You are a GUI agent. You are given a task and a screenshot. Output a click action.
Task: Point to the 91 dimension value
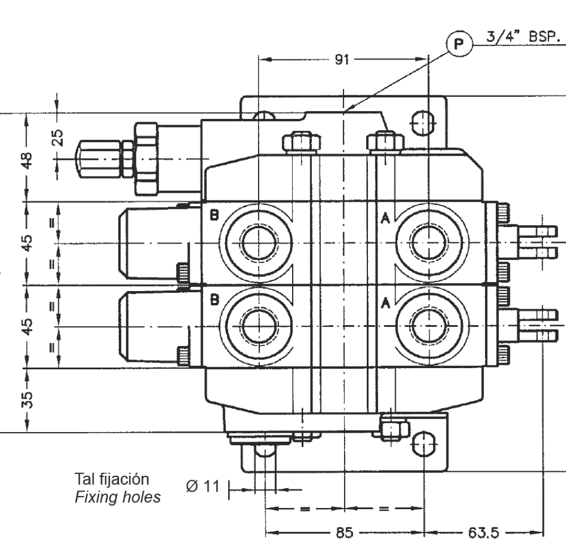341,59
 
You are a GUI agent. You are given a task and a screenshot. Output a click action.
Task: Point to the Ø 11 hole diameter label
202,486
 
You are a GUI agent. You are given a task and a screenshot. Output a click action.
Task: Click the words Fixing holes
118,498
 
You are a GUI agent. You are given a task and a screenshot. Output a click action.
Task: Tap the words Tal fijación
112,479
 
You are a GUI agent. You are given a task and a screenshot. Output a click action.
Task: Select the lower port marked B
258,327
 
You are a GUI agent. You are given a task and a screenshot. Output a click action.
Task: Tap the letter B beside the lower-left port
214,300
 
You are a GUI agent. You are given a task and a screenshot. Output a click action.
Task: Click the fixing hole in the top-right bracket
423,122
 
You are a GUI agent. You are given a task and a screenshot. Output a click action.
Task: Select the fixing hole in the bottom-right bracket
423,443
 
